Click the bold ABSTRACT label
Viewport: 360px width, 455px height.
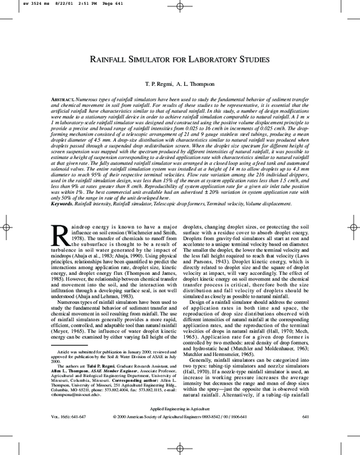tap(63, 98)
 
